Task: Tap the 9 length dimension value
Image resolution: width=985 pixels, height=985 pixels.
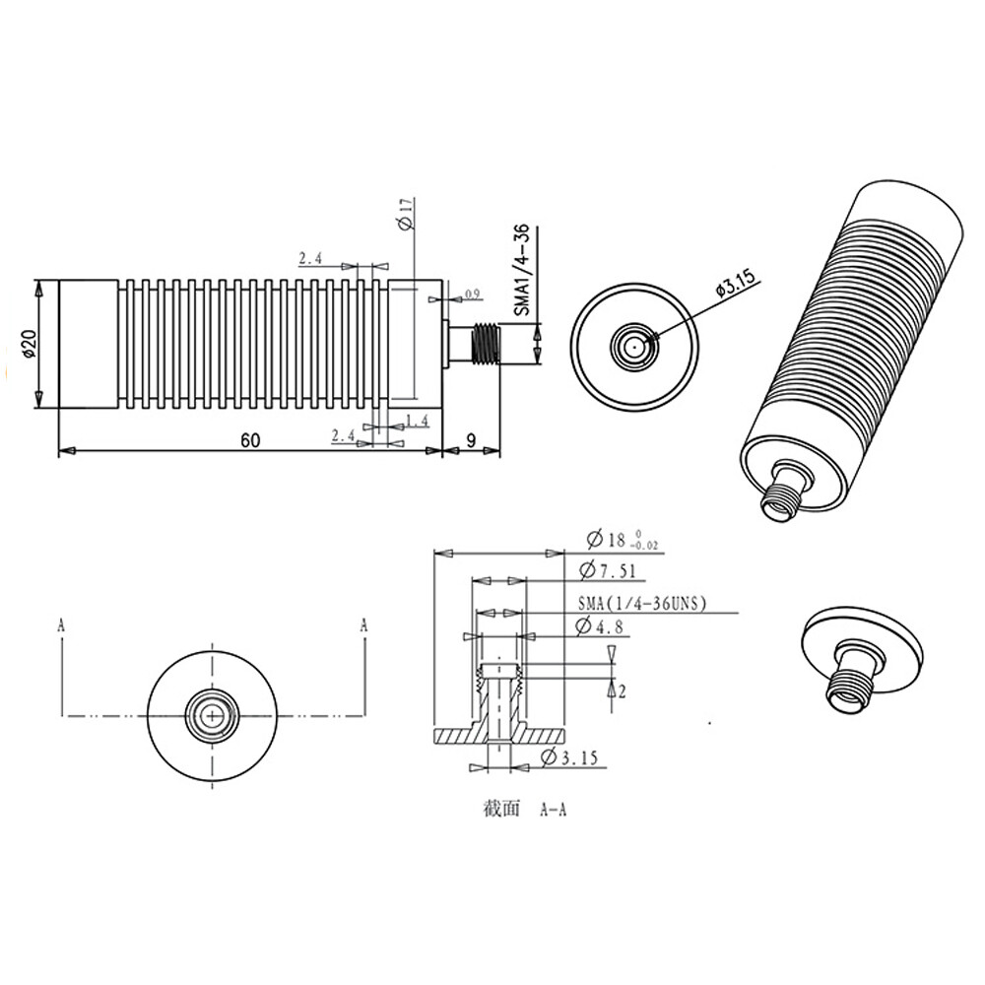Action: [x=474, y=440]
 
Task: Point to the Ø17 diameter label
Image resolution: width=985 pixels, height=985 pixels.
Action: [x=404, y=214]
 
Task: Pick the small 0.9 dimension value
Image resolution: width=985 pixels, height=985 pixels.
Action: [x=471, y=295]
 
